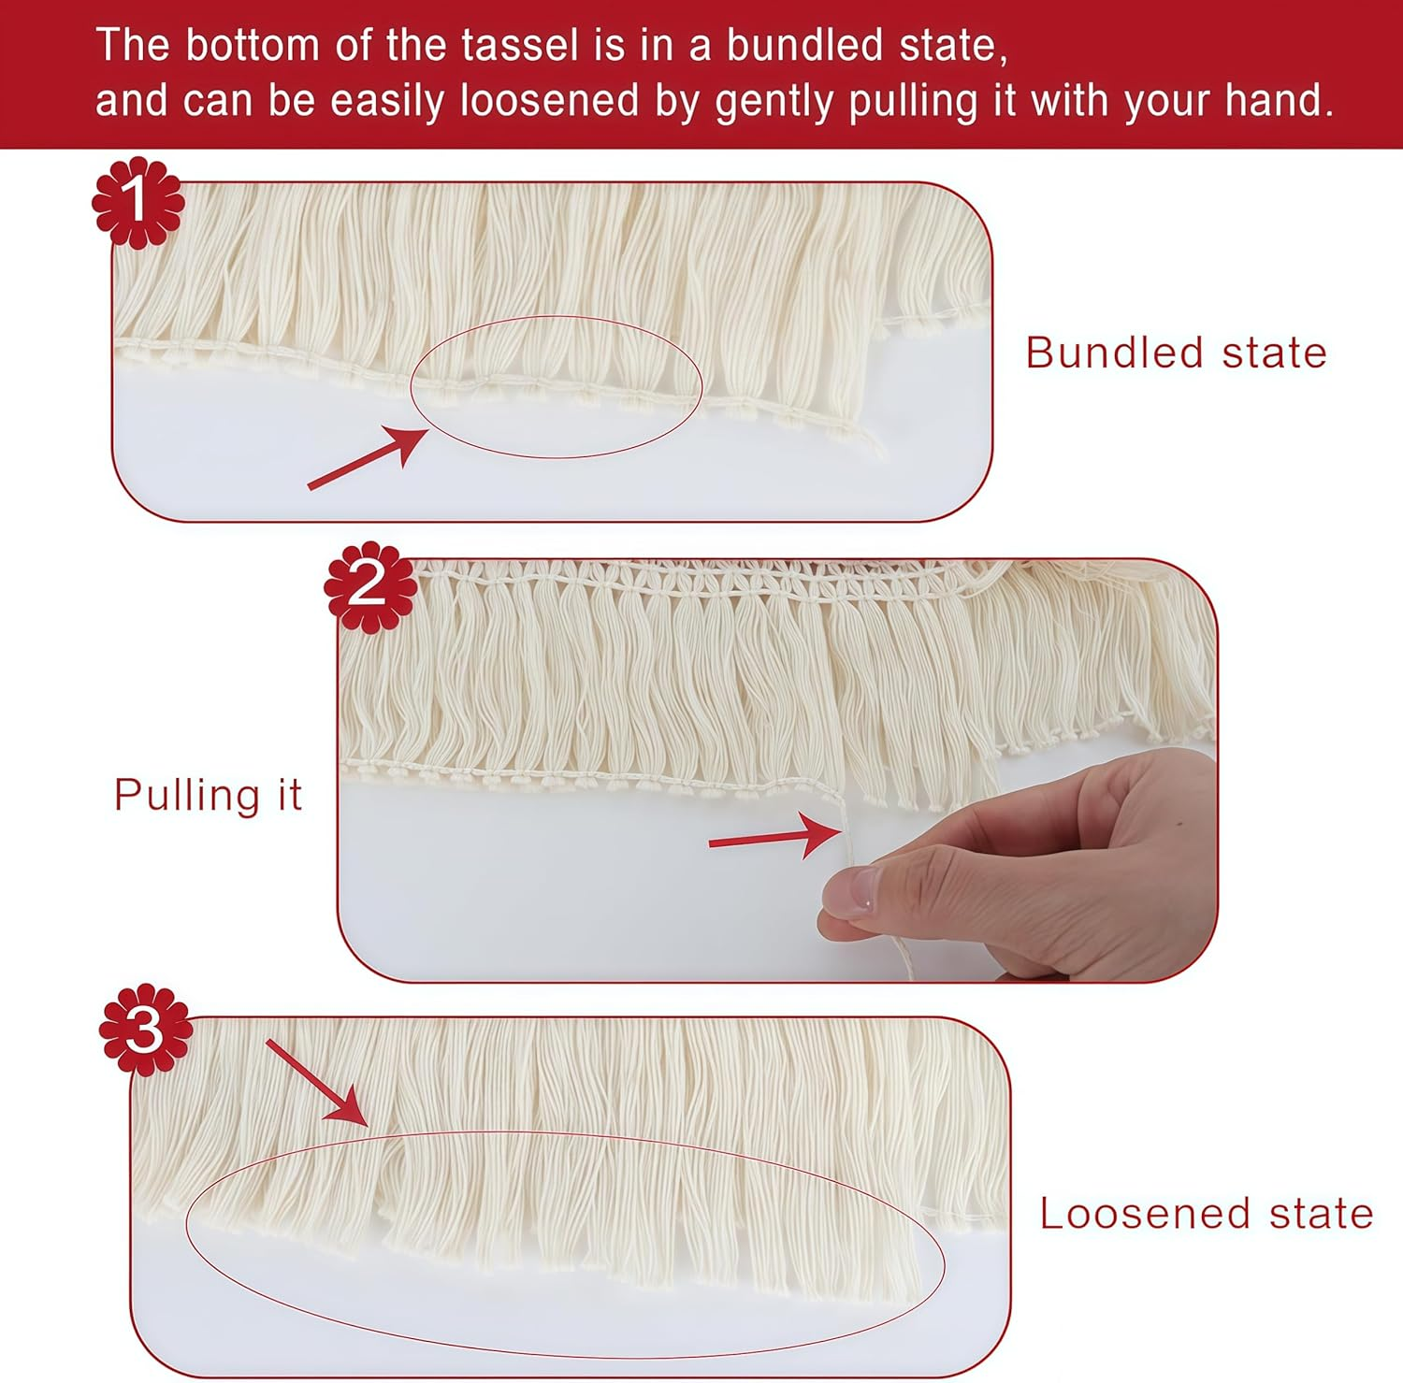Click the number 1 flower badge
tap(137, 203)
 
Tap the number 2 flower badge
tap(370, 586)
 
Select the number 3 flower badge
tap(146, 1030)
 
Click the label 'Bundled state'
tap(1176, 353)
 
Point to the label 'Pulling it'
tap(208, 796)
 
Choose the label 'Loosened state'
tap(1207, 1214)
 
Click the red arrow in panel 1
tap(368, 457)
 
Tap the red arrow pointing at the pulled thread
tap(775, 834)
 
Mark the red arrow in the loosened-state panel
tap(316, 1082)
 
